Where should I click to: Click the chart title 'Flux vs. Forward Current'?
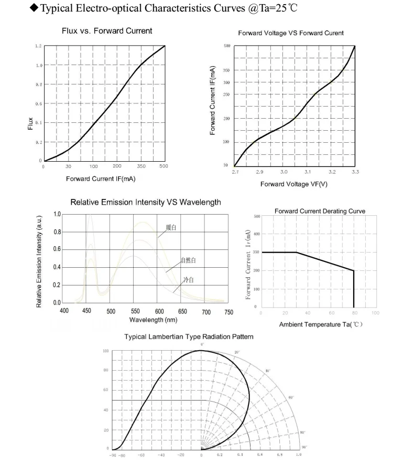(107, 30)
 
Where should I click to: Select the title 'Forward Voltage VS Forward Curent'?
(291, 33)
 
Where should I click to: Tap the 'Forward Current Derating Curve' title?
(320, 211)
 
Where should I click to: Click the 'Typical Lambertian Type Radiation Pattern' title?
(189, 337)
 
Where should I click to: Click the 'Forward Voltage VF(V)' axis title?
(293, 184)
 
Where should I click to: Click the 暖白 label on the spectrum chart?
(171, 227)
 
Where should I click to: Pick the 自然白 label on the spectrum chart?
(188, 260)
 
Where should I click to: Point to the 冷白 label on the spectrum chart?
(188, 280)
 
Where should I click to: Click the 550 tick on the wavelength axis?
(135, 311)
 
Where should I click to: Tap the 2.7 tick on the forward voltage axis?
(235, 172)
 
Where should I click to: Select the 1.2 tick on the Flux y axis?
(38, 46)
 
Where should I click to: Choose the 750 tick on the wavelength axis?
(228, 312)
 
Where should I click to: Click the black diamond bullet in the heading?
(35, 8)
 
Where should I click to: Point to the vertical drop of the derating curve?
(354, 289)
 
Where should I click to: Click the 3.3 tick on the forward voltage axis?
(355, 172)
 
